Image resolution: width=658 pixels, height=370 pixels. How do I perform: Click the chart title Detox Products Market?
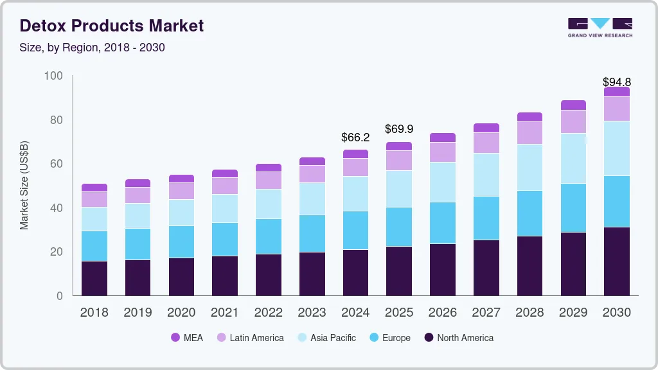112,26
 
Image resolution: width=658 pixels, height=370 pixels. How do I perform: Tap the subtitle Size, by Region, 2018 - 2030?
93,48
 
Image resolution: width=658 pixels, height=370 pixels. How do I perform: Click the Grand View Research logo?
600,28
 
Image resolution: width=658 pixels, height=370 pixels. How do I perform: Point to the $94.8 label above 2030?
616,82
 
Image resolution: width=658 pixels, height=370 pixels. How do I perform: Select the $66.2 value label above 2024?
355,137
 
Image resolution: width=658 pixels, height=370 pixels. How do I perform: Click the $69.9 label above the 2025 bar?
399,129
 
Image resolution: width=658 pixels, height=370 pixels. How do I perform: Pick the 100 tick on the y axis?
53,76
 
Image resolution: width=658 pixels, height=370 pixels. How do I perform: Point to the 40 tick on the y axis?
56,208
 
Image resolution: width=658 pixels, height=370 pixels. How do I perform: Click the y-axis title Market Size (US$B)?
24,186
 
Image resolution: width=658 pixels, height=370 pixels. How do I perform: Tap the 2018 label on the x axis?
94,313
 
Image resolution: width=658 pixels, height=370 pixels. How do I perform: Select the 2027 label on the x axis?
486,313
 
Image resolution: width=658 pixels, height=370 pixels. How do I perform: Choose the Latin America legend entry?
250,338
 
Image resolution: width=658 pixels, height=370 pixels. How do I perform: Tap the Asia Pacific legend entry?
326,338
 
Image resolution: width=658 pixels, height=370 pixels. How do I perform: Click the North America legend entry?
458,338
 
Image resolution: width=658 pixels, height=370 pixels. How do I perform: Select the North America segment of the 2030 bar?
617,261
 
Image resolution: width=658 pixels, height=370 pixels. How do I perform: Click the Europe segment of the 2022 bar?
268,236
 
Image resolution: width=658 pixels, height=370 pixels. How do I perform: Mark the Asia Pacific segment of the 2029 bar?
573,158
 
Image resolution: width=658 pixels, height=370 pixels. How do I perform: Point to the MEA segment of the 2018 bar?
94,188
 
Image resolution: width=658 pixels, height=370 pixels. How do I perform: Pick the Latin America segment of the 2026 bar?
443,152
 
